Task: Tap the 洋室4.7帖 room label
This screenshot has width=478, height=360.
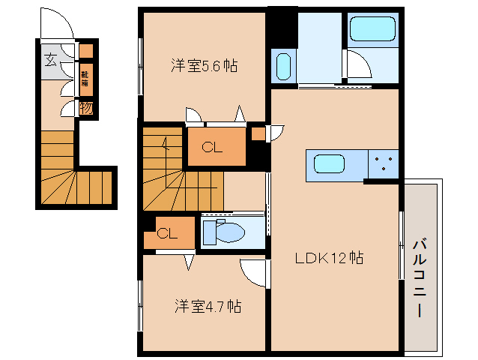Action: [208, 306]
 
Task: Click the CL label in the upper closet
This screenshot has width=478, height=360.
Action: [213, 147]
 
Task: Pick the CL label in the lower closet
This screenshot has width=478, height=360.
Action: [167, 234]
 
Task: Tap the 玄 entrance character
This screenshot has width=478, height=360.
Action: [50, 61]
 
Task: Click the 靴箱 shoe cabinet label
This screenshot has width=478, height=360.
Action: [85, 79]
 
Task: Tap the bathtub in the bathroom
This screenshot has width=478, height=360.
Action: [372, 31]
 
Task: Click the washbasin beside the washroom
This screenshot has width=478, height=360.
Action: [282, 67]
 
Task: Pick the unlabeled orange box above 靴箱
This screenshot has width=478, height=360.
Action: [86, 52]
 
